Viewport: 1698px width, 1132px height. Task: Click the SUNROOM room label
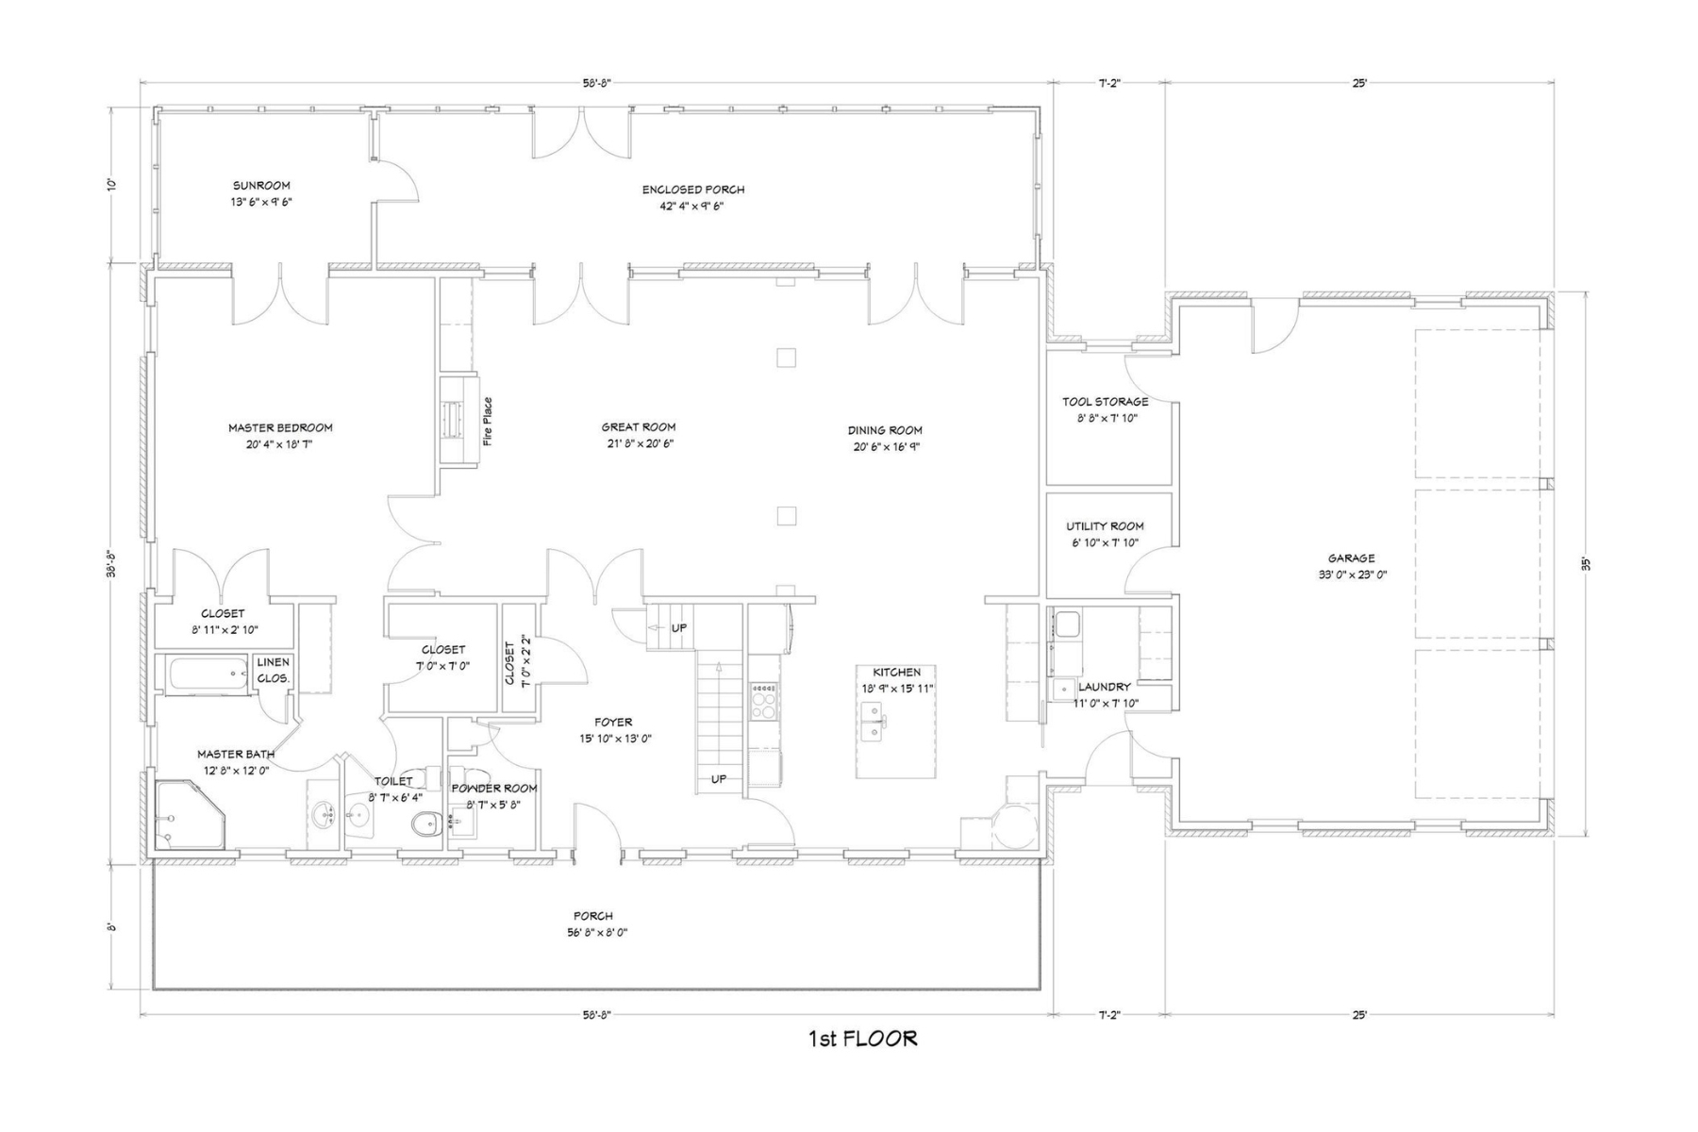click(x=261, y=186)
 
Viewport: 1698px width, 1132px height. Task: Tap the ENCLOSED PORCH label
click(x=692, y=190)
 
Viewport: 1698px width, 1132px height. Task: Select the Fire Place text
click(x=488, y=421)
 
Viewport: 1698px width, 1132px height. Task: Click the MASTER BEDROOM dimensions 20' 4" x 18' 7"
click(x=280, y=444)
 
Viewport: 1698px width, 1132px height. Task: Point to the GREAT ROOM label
click(x=639, y=427)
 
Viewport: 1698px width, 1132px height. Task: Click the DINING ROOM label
click(x=884, y=430)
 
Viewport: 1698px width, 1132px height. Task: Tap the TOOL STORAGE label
click(x=1105, y=402)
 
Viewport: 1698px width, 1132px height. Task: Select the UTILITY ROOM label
click(x=1105, y=526)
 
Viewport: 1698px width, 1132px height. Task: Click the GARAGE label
click(x=1351, y=558)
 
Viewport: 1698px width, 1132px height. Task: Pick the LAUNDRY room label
click(x=1104, y=687)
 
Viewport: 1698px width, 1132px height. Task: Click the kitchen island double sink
click(x=874, y=727)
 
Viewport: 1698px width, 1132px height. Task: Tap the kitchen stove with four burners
click(x=763, y=701)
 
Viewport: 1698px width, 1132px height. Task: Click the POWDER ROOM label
click(x=494, y=789)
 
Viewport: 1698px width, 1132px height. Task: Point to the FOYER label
click(x=613, y=723)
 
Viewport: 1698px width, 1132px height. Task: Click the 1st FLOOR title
click(x=862, y=1039)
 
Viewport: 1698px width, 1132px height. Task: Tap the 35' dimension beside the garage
click(x=1586, y=564)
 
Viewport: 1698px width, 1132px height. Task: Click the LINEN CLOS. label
click(x=273, y=670)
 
